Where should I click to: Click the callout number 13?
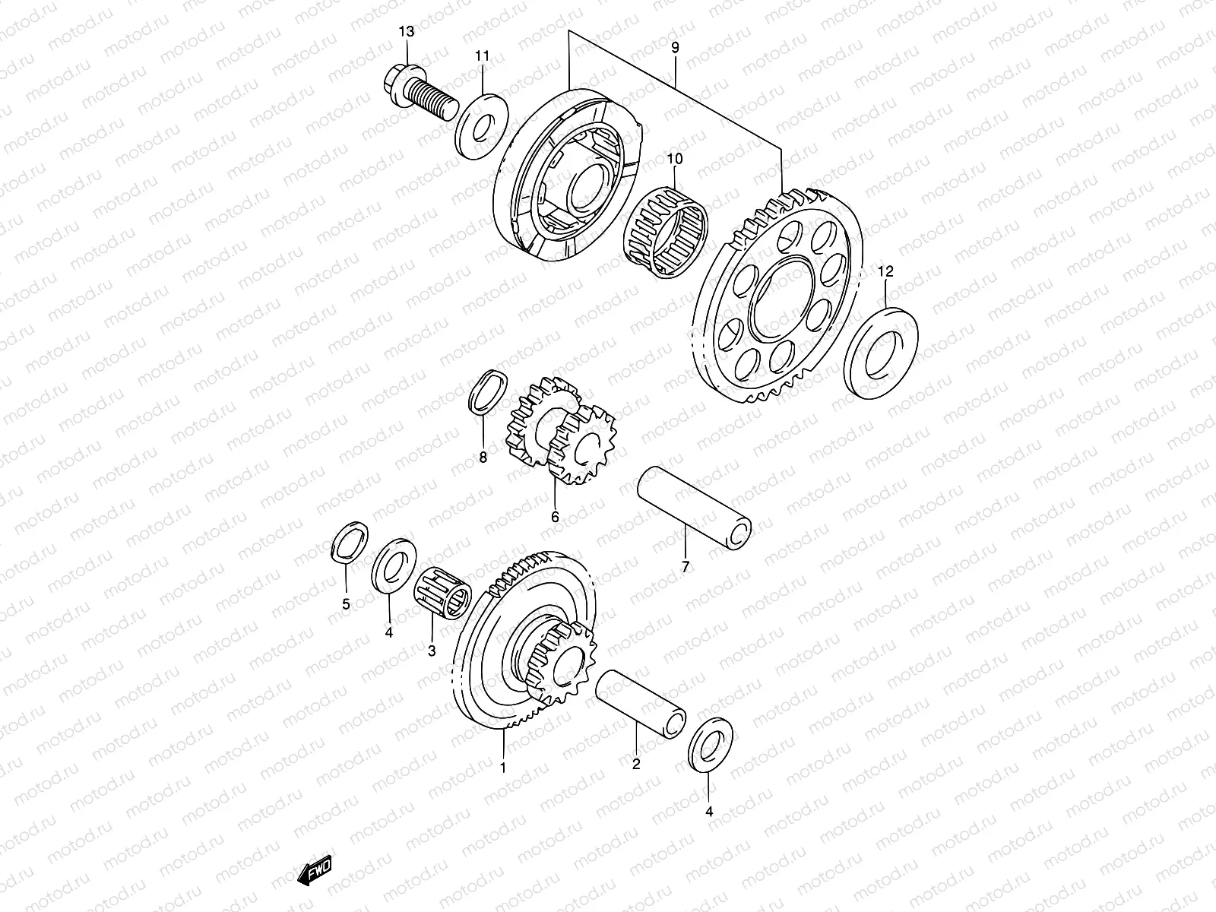point(407,31)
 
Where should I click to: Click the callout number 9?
point(675,48)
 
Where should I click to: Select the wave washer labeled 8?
point(484,392)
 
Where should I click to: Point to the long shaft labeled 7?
point(692,507)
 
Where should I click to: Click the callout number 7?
point(685,566)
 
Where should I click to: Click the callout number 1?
point(502,768)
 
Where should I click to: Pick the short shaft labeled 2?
point(642,699)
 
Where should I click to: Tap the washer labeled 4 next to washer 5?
point(396,564)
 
